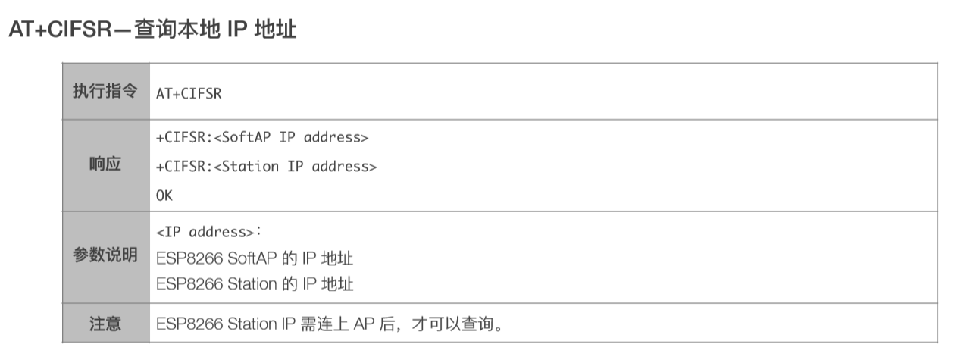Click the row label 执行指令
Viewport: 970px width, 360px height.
tap(105, 92)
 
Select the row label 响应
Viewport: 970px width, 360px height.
tap(105, 164)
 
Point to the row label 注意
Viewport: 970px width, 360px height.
tap(105, 324)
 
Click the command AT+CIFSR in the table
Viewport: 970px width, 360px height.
tap(189, 93)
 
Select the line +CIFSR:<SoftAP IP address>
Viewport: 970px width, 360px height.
tap(262, 138)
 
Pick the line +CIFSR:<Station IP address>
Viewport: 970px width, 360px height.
tap(266, 166)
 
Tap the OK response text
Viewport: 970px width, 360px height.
tap(164, 195)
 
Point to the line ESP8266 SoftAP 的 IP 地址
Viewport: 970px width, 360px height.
tap(255, 258)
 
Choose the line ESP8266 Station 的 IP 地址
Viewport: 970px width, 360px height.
tap(255, 284)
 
